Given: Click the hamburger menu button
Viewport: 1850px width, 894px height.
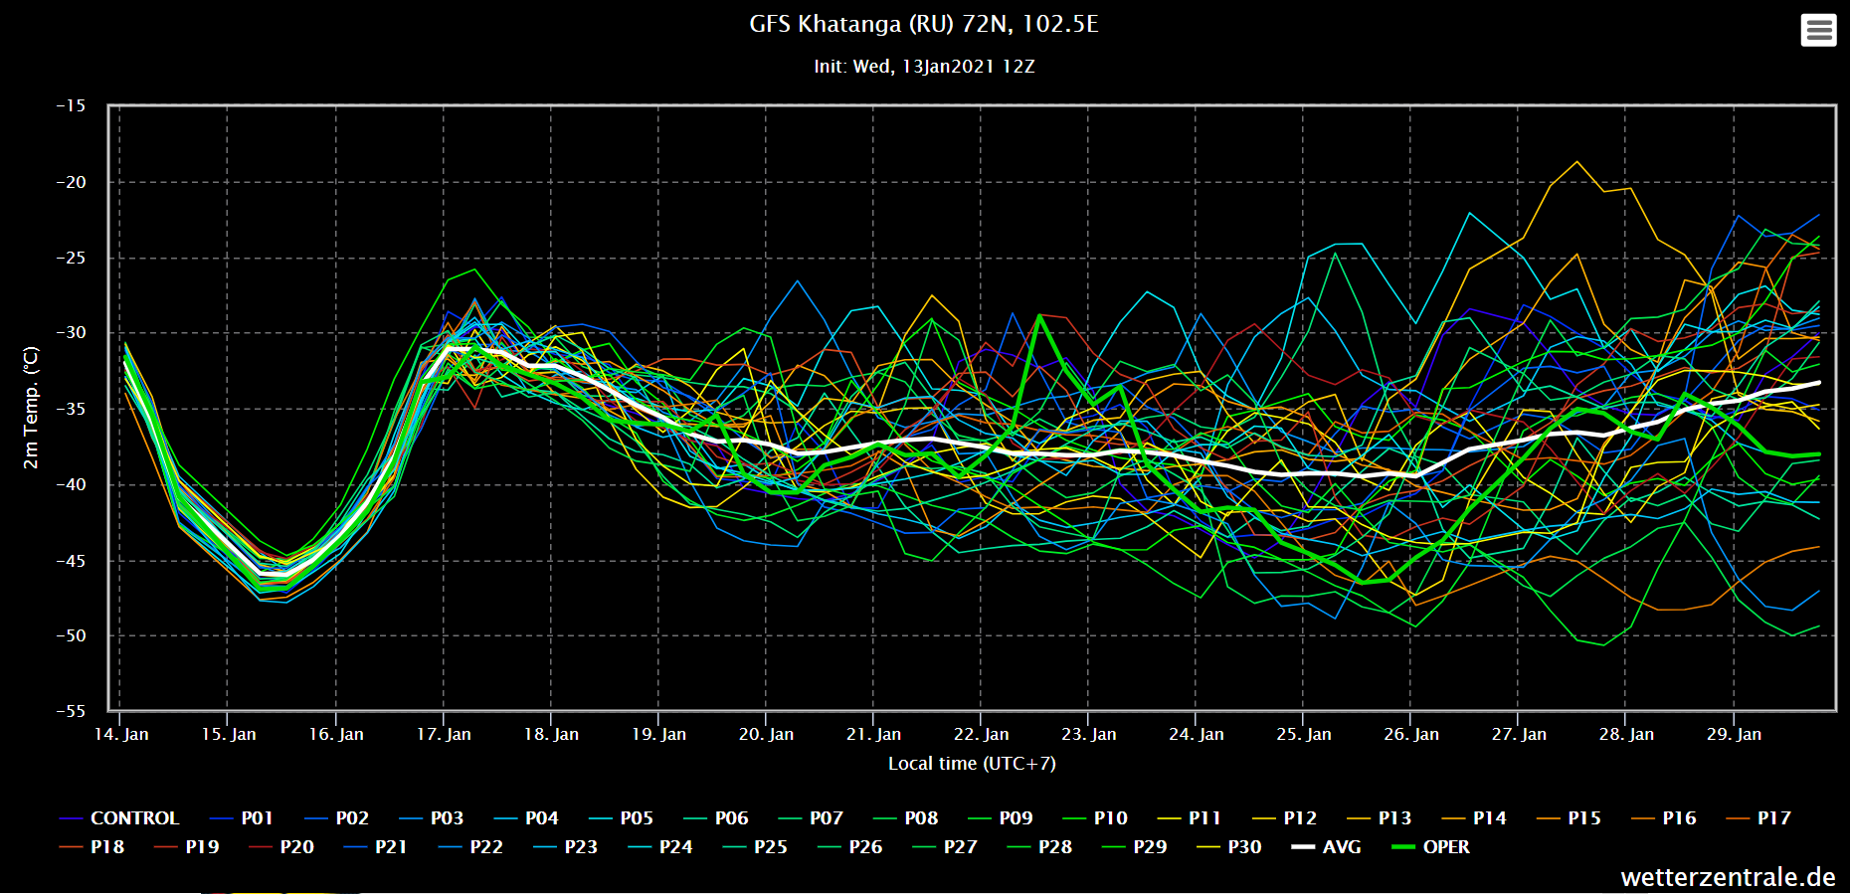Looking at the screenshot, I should [x=1818, y=30].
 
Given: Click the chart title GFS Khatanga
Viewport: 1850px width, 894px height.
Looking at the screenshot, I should [x=923, y=24].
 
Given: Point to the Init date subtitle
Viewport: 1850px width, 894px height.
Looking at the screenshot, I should [x=923, y=67].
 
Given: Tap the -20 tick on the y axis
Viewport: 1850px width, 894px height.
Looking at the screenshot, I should [x=71, y=182].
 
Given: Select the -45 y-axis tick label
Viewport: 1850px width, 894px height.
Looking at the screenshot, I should [x=71, y=561].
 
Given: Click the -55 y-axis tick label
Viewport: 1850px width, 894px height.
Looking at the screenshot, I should [x=71, y=711].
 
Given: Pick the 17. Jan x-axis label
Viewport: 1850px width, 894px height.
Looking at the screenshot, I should [x=444, y=734].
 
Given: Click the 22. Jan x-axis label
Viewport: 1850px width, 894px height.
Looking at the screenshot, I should [x=981, y=734].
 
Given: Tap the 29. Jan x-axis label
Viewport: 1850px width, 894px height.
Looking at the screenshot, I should [x=1734, y=734].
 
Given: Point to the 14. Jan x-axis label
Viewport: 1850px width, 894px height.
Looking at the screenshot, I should [x=121, y=734].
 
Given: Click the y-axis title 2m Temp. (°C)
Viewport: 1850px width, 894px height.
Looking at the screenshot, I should [x=31, y=408].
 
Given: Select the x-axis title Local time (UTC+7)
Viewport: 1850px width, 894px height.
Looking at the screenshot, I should [x=972, y=764].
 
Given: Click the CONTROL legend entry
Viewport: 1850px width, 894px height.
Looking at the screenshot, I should [x=133, y=818].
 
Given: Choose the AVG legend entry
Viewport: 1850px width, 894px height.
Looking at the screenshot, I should [x=1341, y=847].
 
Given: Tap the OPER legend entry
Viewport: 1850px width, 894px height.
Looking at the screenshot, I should [x=1445, y=847].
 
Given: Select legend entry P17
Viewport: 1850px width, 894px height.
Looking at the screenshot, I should [x=1773, y=818].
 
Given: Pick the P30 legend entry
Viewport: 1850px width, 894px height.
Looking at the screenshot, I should [x=1244, y=847].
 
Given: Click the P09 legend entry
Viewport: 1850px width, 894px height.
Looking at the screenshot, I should [x=1016, y=818].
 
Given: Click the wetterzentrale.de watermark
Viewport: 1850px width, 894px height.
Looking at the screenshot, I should [x=1728, y=877].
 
